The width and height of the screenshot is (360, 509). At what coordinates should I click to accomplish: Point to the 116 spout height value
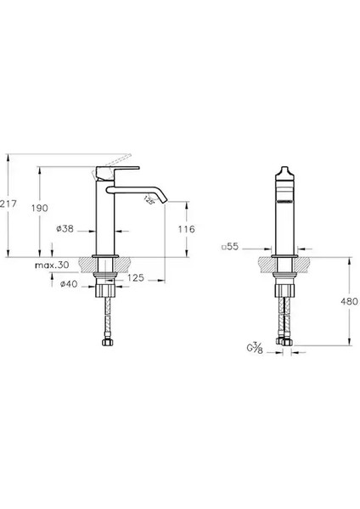187,229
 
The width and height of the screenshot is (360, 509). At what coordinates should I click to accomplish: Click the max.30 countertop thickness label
53,266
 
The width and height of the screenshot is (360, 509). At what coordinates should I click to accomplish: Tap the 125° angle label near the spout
149,200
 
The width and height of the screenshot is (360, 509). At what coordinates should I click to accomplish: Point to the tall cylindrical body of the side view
104,216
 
